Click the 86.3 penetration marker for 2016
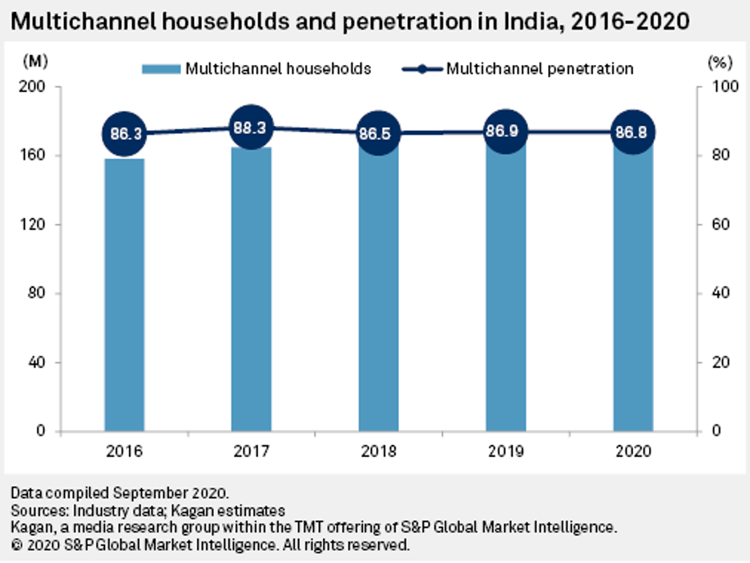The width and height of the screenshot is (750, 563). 124,134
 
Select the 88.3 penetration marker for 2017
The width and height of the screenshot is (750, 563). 252,127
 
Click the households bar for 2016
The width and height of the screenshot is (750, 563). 124,297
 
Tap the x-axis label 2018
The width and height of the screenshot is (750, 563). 379,451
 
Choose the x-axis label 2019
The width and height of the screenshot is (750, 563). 506,451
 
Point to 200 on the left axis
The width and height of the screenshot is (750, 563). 36,87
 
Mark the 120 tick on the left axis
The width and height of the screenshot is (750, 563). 36,225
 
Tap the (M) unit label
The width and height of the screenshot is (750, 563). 35,61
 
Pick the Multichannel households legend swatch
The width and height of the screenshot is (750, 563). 161,69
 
